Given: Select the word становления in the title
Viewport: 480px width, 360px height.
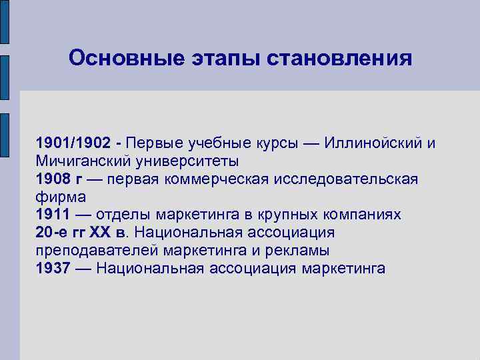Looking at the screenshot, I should pos(339,59).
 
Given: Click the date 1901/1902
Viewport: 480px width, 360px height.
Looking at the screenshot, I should pos(74,143).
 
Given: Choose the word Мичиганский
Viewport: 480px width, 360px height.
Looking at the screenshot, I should pos(79,161).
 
